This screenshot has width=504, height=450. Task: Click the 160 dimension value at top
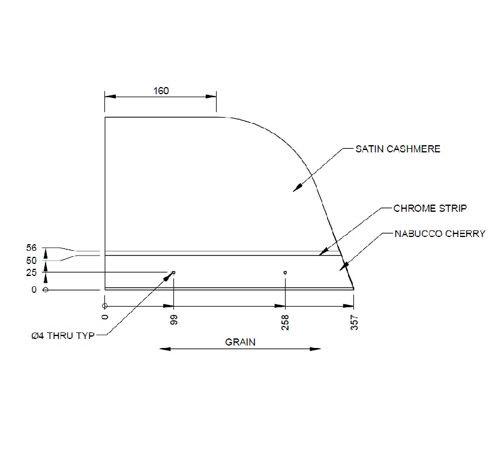161,91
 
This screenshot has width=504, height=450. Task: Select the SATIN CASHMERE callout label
398,149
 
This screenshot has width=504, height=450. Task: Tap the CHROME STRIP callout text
430,209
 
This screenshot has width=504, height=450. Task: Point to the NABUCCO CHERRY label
439,234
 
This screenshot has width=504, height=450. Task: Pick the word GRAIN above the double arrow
240,343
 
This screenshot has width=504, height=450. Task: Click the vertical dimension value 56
32,248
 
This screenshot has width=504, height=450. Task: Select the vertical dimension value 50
32,260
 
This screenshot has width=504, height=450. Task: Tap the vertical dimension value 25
32,273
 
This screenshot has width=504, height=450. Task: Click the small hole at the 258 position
285,273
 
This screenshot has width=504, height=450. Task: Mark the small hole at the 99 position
173,273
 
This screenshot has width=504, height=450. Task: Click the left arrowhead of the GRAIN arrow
164,349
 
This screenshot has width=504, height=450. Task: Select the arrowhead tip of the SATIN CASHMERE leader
294,191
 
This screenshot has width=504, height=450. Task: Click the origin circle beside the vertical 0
46,290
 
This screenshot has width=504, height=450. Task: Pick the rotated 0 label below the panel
105,317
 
